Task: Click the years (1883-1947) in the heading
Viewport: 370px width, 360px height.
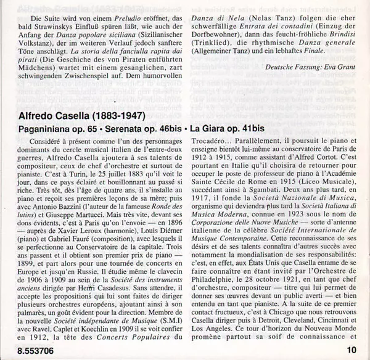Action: point(116,115)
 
